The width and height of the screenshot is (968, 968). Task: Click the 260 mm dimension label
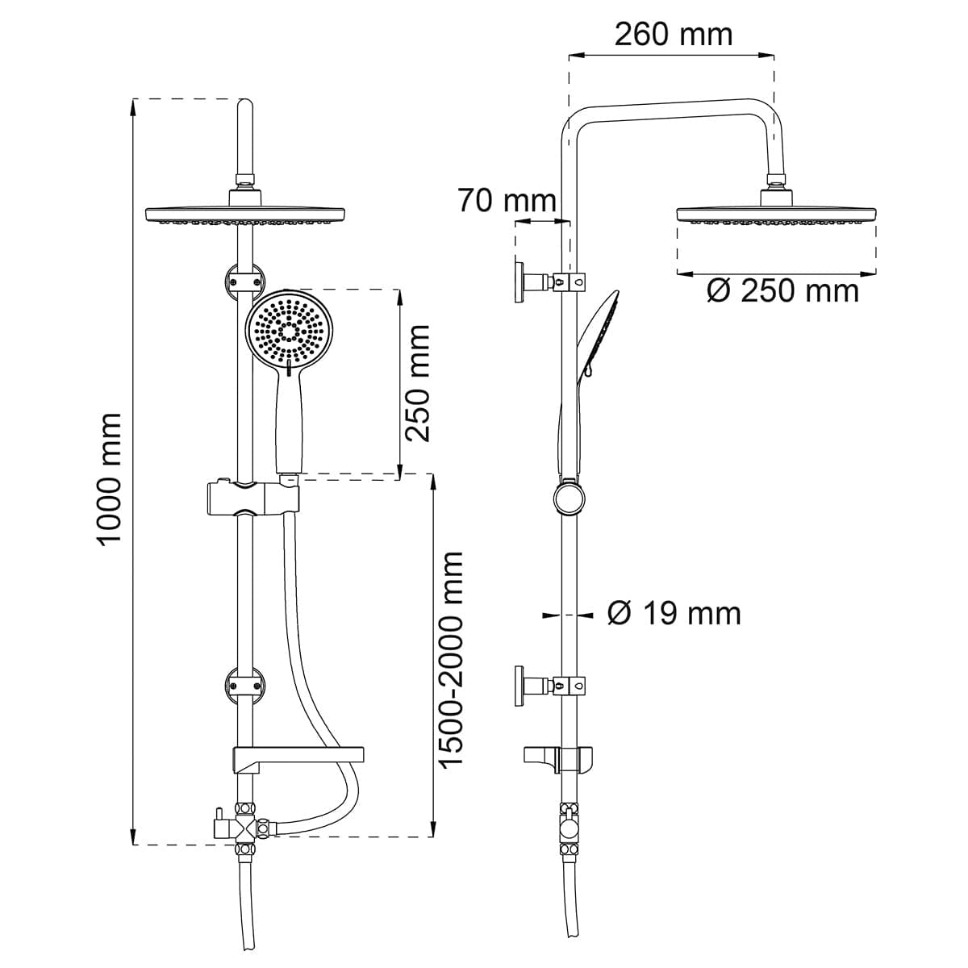click(673, 35)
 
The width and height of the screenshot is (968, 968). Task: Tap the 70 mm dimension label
click(507, 200)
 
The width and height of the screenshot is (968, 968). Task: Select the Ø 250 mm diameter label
click(782, 291)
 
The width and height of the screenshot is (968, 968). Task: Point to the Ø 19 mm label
click(674, 614)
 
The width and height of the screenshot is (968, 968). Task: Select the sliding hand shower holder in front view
click(252, 499)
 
